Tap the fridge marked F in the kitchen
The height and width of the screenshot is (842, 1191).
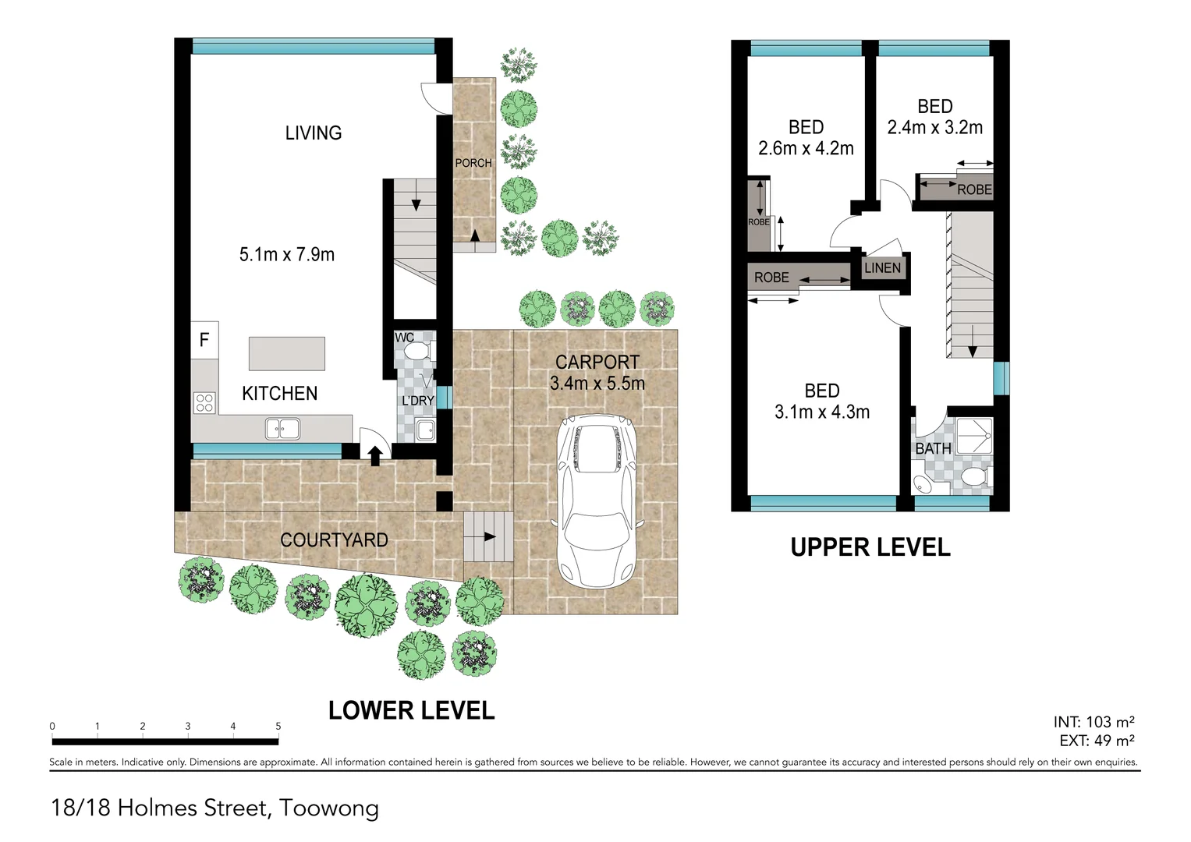(x=204, y=340)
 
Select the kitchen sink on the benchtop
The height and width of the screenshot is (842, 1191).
(x=283, y=429)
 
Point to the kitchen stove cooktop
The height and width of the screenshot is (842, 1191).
(x=204, y=402)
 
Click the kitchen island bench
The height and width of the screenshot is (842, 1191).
(x=286, y=353)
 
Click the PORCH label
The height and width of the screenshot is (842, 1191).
(x=473, y=163)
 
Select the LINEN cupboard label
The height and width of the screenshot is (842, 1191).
(x=883, y=268)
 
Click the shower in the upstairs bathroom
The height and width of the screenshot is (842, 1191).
(x=974, y=436)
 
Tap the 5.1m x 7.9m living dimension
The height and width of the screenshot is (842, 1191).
(x=286, y=255)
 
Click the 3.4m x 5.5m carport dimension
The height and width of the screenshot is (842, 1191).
(x=597, y=383)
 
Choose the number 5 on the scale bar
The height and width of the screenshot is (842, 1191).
(x=278, y=726)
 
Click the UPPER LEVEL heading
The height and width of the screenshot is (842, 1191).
(x=870, y=547)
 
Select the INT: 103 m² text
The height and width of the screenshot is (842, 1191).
(x=1094, y=722)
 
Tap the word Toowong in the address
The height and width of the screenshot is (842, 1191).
(x=329, y=808)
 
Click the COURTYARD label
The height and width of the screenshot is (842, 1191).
(x=334, y=540)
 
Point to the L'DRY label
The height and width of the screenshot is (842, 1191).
(x=418, y=400)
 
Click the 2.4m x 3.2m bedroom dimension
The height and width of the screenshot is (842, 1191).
(x=934, y=128)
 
